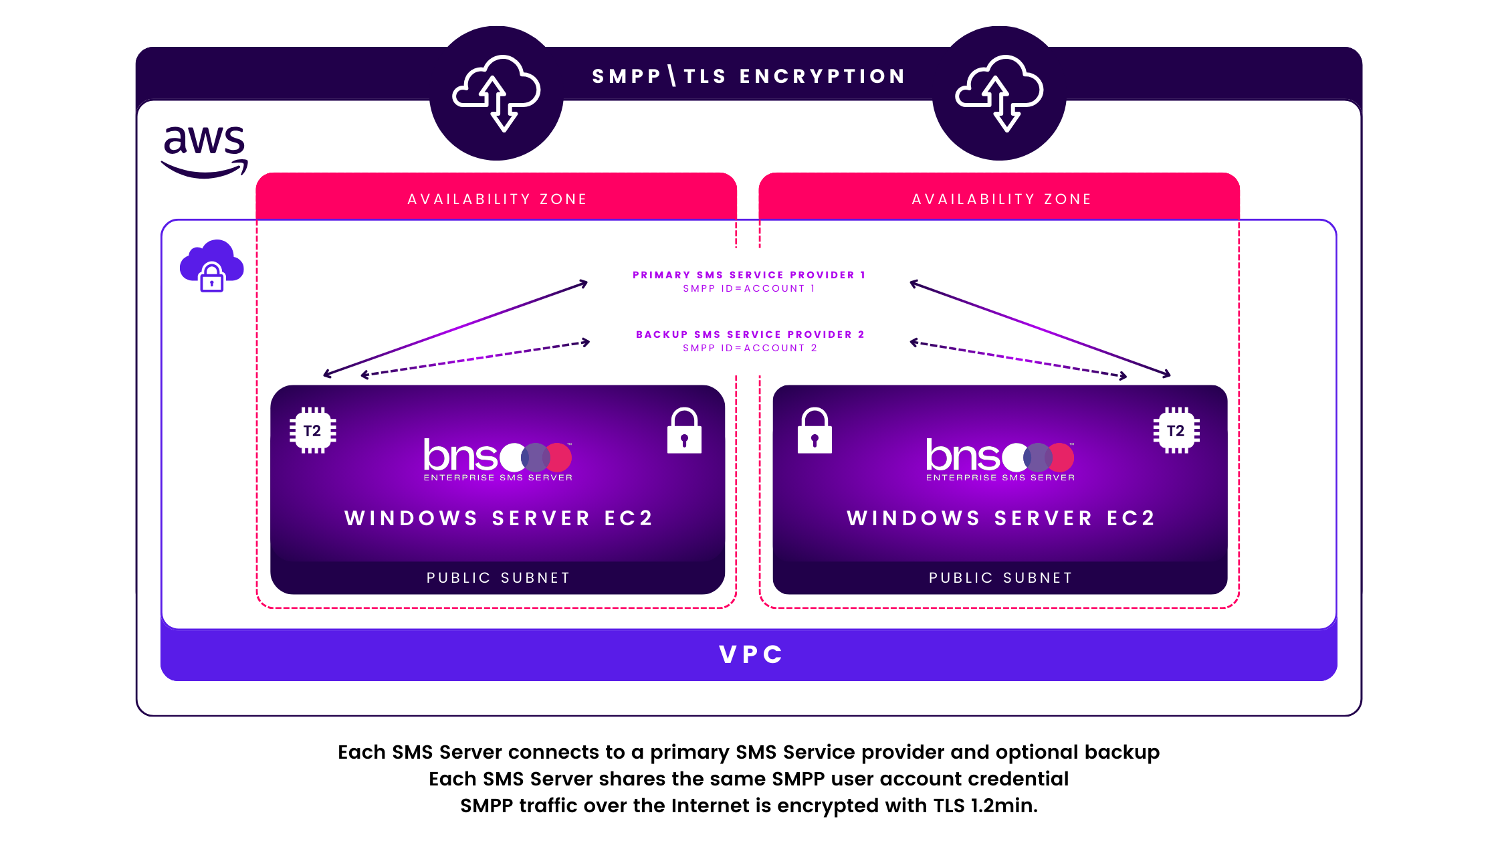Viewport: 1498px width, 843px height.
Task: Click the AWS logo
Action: point(205,151)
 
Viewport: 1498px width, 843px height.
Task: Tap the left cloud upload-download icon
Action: point(496,93)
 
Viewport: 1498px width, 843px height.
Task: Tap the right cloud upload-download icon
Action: point(999,93)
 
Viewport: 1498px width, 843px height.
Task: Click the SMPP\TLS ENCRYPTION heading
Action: point(749,76)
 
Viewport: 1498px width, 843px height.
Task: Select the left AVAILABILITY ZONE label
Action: point(497,199)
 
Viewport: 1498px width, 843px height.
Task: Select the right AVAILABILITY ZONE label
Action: point(1001,199)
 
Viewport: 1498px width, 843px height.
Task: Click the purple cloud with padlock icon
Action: point(212,266)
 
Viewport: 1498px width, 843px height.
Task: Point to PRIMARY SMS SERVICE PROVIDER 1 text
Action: point(749,275)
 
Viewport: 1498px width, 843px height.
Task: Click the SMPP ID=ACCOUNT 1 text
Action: point(749,288)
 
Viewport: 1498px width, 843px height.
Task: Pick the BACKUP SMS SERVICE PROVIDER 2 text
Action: point(750,335)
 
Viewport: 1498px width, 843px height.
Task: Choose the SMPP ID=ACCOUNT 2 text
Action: point(750,348)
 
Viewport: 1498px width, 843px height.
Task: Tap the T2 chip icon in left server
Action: point(312,431)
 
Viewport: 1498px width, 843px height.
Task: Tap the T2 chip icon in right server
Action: point(1176,431)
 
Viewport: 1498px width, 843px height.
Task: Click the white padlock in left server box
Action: point(684,431)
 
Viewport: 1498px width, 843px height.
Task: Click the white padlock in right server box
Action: point(815,431)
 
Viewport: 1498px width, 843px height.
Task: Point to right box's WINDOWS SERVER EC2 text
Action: point(1000,519)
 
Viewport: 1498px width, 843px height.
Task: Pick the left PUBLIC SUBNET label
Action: point(498,578)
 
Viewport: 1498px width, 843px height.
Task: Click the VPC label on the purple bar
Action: point(750,654)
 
